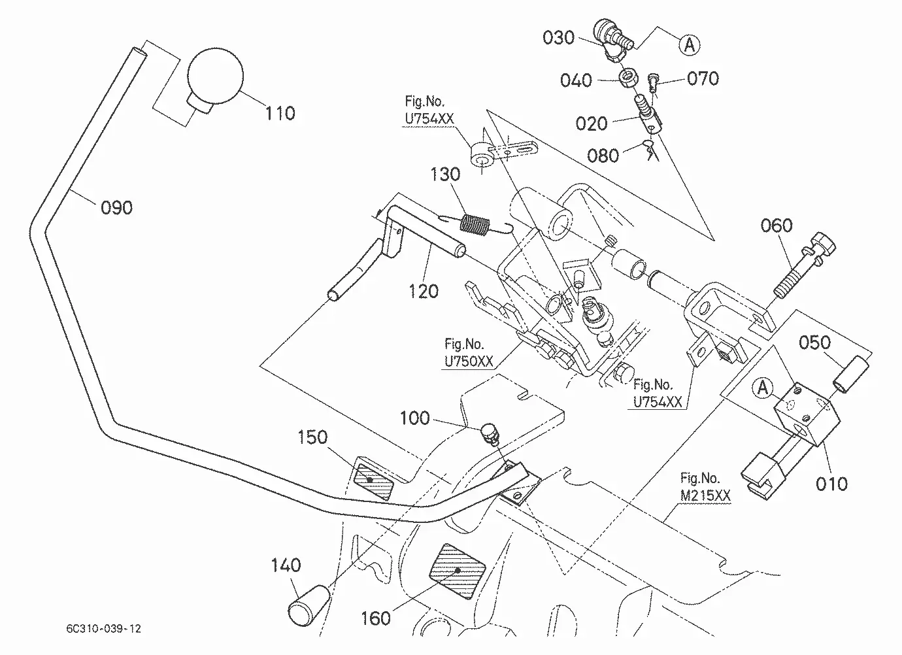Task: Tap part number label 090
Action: pos(116,208)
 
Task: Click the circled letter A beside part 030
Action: pos(690,44)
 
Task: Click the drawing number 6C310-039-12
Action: pos(103,628)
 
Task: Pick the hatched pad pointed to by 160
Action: pos(458,571)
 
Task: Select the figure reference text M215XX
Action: pos(705,495)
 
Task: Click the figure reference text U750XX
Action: pos(469,361)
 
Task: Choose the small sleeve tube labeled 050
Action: pos(850,373)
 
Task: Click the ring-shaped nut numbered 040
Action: pos(629,78)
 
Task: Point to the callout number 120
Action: pos(423,292)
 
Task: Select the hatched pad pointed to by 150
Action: pos(373,481)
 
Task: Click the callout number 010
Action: pos(831,484)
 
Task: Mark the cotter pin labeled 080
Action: pos(651,150)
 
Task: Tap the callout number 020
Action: pos(591,124)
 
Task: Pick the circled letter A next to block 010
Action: pos(762,388)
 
